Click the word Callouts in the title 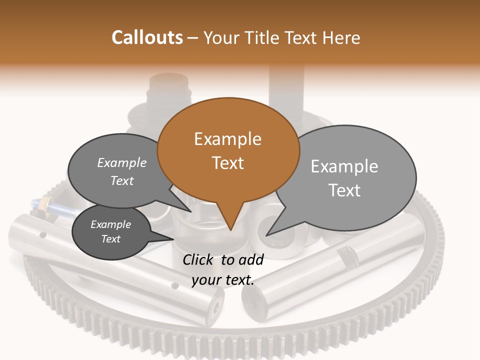[147, 37]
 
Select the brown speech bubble [228, 150]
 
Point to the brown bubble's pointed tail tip [230, 229]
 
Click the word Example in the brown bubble [227, 139]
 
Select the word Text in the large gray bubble [344, 190]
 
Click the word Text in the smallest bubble [111, 239]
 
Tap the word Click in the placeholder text [199, 259]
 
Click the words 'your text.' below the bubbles [223, 280]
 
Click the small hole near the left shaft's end [174, 286]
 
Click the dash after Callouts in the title [193, 38]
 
